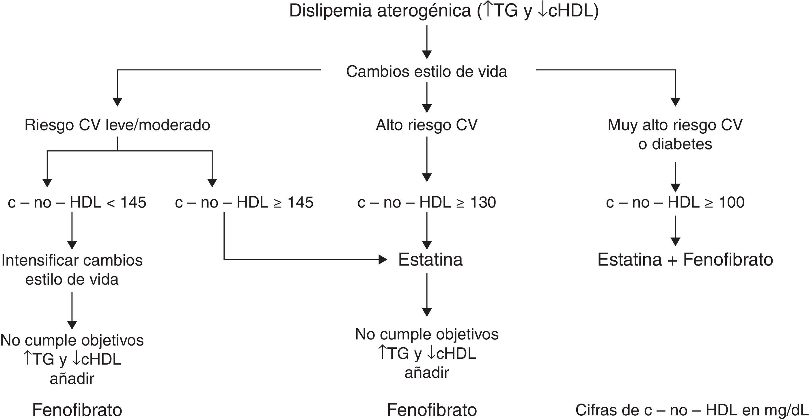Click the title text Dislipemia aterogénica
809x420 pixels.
click(380, 11)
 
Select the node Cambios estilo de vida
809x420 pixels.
click(426, 72)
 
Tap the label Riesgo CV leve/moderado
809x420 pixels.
click(117, 125)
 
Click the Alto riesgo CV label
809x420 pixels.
click(426, 125)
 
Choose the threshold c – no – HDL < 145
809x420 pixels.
click(77, 202)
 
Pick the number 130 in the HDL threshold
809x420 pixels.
click(483, 202)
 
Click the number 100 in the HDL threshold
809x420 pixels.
click(731, 202)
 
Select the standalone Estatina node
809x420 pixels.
click(430, 260)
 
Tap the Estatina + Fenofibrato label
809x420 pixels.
click(685, 260)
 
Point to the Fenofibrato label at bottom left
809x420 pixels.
click(77, 410)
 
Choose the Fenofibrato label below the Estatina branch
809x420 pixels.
click(432, 410)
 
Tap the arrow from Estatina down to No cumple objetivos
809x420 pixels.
click(426, 295)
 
